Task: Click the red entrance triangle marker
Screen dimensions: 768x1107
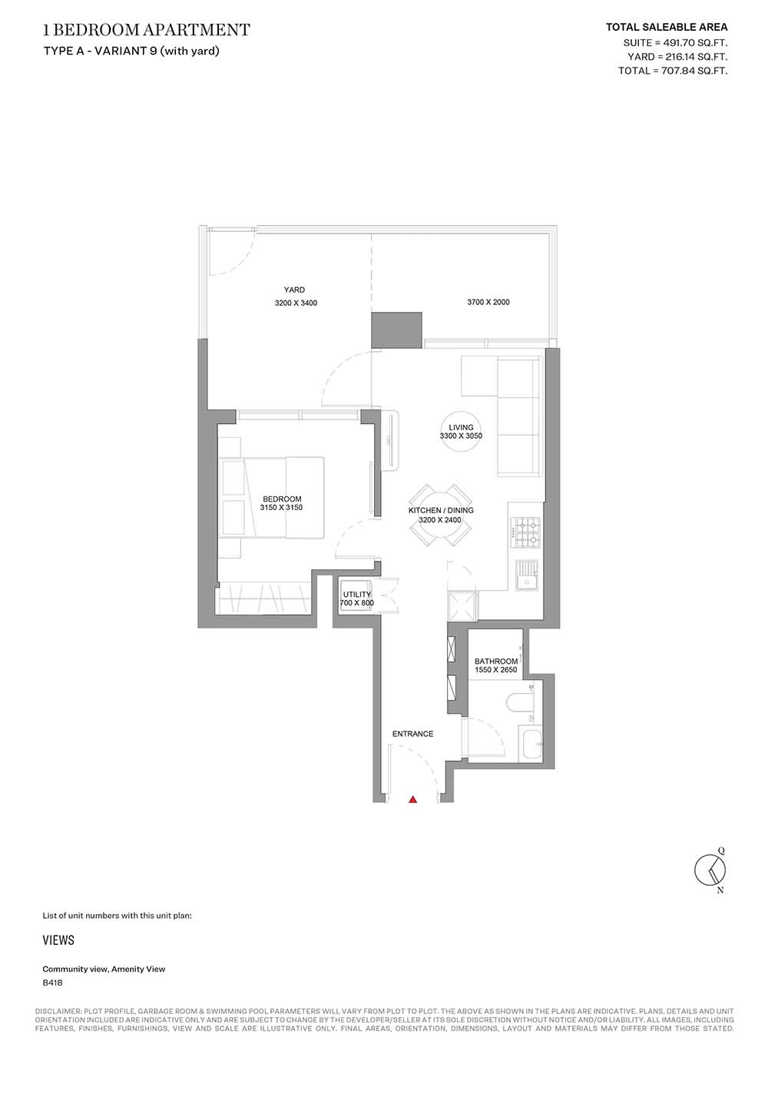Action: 412,799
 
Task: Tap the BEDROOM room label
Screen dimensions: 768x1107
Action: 282,499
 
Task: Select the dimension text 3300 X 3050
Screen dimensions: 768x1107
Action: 461,436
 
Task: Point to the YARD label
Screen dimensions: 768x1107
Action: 294,290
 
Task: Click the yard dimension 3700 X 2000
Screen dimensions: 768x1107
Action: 488,302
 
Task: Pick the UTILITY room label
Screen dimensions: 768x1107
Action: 357,595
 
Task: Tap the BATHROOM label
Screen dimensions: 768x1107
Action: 496,661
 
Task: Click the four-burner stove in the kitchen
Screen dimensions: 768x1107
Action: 526,532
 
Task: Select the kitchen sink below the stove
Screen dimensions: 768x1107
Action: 528,575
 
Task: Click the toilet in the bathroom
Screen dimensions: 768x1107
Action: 521,701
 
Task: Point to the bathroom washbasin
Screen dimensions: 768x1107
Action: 530,744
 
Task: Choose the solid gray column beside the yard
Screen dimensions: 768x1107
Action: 397,330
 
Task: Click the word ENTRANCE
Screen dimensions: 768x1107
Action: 412,734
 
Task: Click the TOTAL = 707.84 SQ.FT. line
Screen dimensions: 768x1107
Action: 673,71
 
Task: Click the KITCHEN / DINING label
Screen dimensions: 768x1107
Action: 441,510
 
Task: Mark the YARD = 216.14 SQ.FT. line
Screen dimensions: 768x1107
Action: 677,57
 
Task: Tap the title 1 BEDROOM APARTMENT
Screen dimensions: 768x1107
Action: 147,30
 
